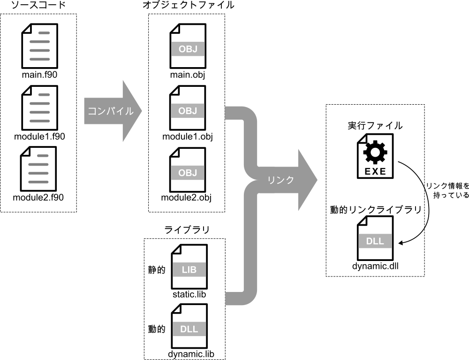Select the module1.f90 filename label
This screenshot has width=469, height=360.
39,137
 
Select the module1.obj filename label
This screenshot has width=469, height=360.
188,137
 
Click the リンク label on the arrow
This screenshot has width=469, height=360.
280,180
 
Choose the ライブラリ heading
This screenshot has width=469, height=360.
187,230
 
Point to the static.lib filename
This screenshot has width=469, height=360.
189,294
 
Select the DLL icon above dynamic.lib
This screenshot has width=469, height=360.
189,327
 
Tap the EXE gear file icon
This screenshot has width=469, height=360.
375,157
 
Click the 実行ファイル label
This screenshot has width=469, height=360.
375,126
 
